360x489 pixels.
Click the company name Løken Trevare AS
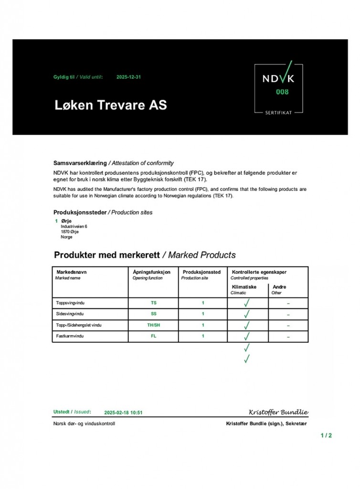pyautogui.click(x=110, y=105)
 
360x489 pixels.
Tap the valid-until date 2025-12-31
pyautogui.click(x=128, y=77)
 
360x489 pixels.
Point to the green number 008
pyautogui.click(x=282, y=92)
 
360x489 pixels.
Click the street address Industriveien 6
pyautogui.click(x=74, y=226)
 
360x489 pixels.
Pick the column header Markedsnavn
pyautogui.click(x=72, y=272)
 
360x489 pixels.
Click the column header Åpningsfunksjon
pyautogui.click(x=151, y=272)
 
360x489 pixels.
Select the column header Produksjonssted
pyautogui.click(x=201, y=272)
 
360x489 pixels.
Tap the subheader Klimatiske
pyautogui.click(x=244, y=287)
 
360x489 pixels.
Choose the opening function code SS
pyautogui.click(x=153, y=314)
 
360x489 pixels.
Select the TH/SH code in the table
pyautogui.click(x=153, y=325)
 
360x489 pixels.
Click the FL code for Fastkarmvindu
pyautogui.click(x=153, y=336)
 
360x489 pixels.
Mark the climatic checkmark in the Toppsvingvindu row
pyautogui.click(x=247, y=303)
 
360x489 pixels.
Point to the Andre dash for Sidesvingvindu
pyautogui.click(x=288, y=315)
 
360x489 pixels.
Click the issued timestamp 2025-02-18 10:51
pyautogui.click(x=123, y=412)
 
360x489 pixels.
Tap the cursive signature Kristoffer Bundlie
pyautogui.click(x=278, y=412)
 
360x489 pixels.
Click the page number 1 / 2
pyautogui.click(x=326, y=435)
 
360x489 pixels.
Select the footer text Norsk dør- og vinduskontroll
pyautogui.click(x=84, y=424)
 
